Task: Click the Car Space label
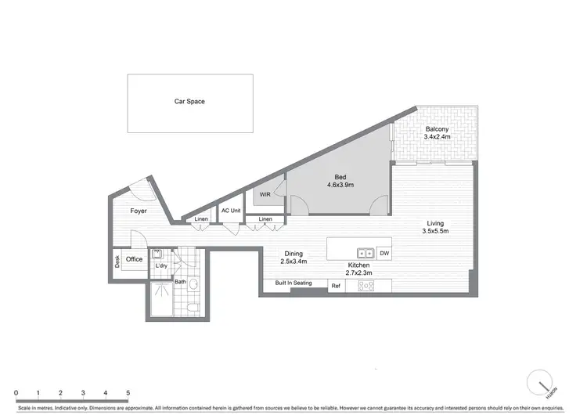coord(189,102)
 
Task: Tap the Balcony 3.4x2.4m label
coord(437,133)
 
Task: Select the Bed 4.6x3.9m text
coord(340,182)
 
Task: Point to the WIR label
coord(265,194)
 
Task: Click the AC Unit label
coord(230,211)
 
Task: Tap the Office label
coord(134,260)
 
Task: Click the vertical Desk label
coord(117,260)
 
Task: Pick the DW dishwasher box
coord(384,254)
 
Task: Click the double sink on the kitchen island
coord(365,254)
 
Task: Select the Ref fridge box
coord(336,287)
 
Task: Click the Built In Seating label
coord(293,283)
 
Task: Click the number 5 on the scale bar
coord(128,392)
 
